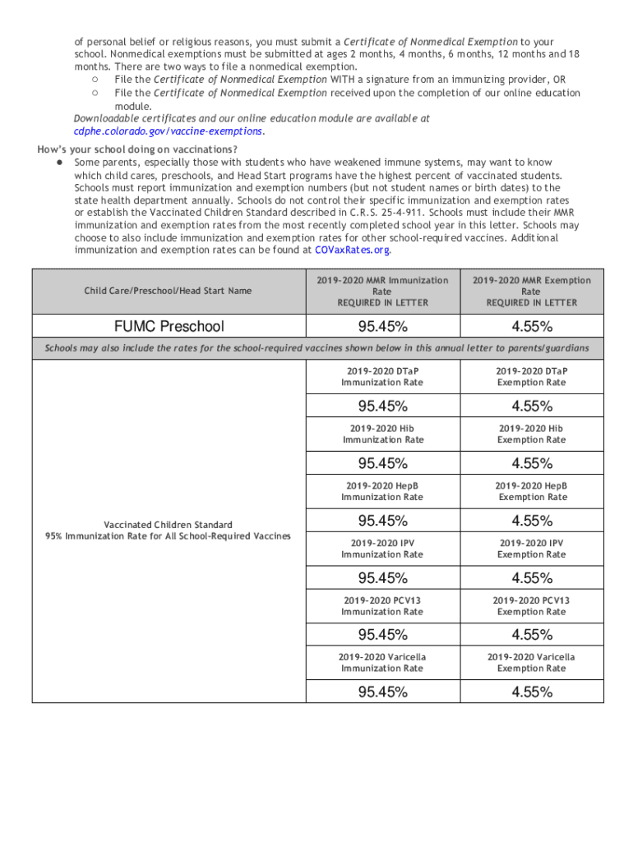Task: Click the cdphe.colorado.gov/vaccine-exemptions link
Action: coord(169,131)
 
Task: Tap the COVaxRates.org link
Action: coord(356,250)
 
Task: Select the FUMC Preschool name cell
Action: coord(169,327)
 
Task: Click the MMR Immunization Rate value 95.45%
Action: coord(382,327)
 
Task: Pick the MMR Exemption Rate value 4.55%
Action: coord(531,327)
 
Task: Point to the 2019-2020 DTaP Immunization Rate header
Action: coord(382,377)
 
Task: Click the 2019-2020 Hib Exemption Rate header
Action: coord(531,434)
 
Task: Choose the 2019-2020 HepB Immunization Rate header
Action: coord(382,492)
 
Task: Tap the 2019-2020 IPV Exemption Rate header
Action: coord(531,549)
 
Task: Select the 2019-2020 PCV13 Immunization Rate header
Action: coord(382,606)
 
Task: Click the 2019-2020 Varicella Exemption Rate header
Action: coord(531,663)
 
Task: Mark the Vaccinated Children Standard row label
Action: coord(169,531)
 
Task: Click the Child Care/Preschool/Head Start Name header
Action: coord(169,291)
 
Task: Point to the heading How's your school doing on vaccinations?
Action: coord(137,149)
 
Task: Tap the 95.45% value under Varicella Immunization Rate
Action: coord(382,692)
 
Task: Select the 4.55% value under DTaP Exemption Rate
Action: coord(531,406)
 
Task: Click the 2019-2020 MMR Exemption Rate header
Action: coord(531,292)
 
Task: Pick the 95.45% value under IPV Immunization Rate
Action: coord(382,577)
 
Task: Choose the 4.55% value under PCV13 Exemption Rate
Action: coord(531,635)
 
